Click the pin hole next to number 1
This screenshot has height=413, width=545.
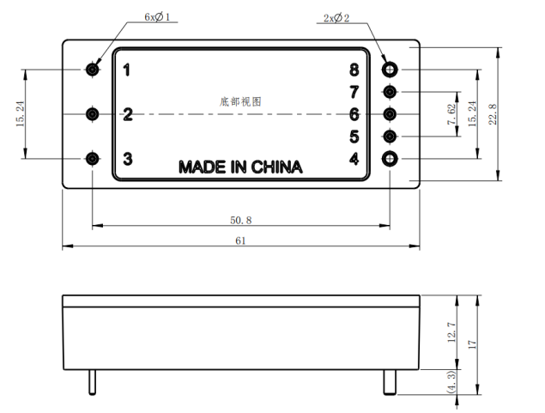coord(92,69)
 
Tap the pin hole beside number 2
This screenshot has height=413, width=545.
coord(92,113)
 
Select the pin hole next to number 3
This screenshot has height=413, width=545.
coord(92,158)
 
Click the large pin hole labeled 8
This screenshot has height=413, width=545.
coord(391,69)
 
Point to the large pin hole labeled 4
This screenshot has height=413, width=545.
coord(391,158)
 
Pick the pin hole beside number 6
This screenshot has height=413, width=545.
coord(391,113)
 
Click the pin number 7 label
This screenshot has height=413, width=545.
coord(354,91)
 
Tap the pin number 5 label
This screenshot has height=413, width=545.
coord(354,136)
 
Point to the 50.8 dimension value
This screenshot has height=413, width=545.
coord(241,220)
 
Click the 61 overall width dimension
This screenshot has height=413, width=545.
coord(241,241)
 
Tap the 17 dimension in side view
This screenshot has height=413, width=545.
coord(471,344)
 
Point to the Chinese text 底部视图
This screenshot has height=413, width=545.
coord(240,101)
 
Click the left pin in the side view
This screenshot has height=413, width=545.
coord(92,383)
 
